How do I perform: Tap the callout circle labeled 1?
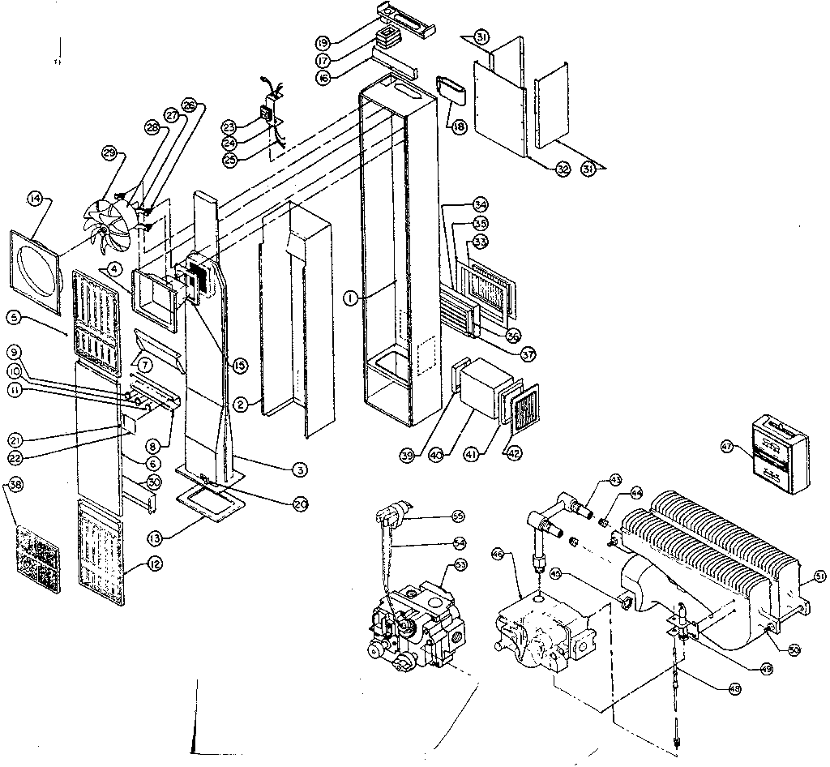pos(349,298)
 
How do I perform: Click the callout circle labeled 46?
pos(498,554)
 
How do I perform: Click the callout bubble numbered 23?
pos(230,126)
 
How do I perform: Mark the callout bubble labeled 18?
pos(459,126)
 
